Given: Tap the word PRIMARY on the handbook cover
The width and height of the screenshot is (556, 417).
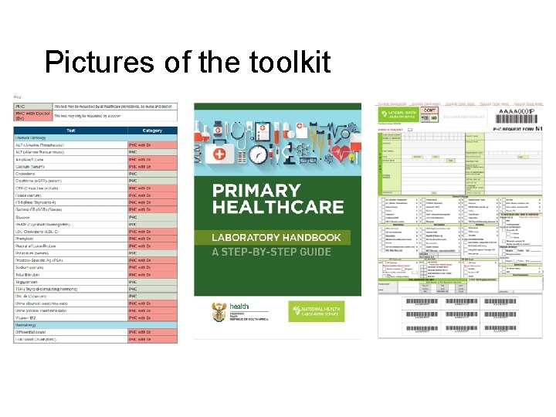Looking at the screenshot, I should (x=256, y=190).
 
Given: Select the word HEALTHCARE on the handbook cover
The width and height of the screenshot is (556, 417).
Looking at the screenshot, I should (x=278, y=207).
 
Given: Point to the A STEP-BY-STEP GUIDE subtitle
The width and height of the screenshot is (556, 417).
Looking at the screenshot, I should (x=272, y=252).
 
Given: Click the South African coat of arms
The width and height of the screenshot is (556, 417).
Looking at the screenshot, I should (x=219, y=312).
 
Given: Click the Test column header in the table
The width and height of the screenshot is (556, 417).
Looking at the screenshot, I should (x=70, y=131).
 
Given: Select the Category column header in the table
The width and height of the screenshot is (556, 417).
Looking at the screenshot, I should (x=152, y=131).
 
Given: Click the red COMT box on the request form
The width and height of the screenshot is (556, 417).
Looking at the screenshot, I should (x=431, y=110).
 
